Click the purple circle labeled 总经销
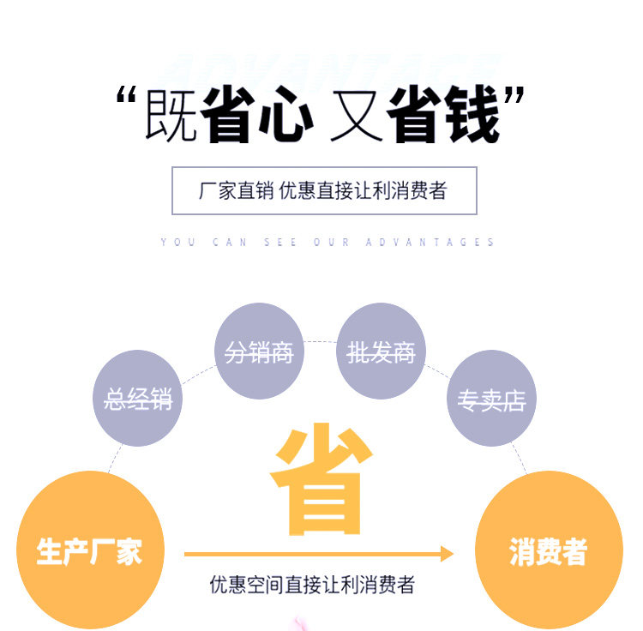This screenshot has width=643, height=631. [x=137, y=399]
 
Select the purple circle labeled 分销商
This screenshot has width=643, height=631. [x=259, y=352]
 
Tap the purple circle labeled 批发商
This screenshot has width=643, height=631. [x=381, y=352]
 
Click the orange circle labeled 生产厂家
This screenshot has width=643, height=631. [x=89, y=550]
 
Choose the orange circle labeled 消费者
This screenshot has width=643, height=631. [x=549, y=550]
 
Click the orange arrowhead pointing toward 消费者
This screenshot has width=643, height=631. [x=447, y=554]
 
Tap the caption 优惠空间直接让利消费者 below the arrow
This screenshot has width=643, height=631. [x=313, y=586]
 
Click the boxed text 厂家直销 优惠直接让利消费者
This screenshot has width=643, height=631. [x=324, y=190]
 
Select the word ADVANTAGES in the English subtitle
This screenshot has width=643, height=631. [x=430, y=243]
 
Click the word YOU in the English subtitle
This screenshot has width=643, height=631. [x=178, y=243]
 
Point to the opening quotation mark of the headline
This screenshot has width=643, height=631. [x=128, y=96]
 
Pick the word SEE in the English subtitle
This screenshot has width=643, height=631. [x=281, y=243]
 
